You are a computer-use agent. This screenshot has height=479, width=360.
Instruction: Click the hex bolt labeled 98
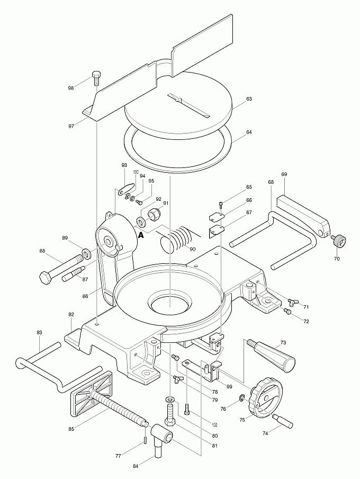96,78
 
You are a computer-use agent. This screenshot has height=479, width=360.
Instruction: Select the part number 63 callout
249,99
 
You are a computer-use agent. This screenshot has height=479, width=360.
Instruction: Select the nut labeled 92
154,214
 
